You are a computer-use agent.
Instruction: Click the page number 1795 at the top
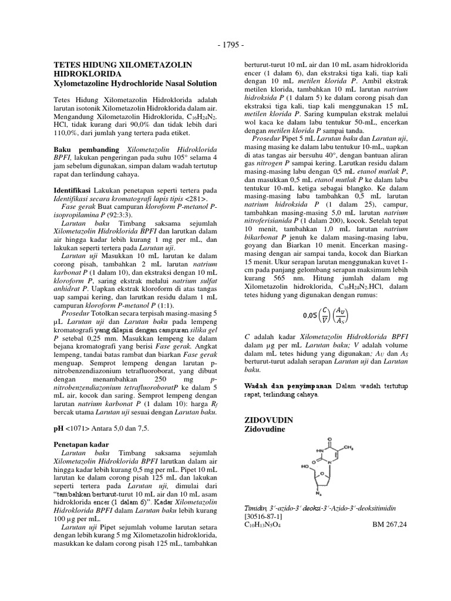tap(225, 44)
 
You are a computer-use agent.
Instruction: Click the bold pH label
tap(59, 428)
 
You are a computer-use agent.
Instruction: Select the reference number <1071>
tap(78, 428)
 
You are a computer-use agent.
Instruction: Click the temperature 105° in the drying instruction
tap(187, 158)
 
